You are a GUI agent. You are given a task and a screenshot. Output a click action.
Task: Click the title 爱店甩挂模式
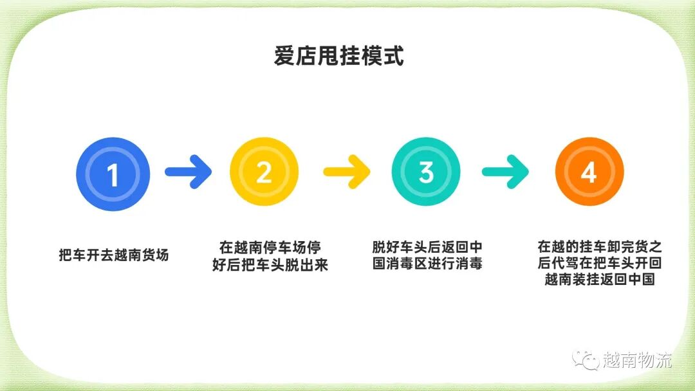(x=338, y=57)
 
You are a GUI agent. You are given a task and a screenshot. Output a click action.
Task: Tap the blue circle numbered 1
(x=113, y=174)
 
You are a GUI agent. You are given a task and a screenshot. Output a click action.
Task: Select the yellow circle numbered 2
(x=264, y=172)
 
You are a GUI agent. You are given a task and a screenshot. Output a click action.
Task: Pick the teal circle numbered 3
(x=426, y=172)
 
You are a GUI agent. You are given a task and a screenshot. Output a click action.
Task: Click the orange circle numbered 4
(x=589, y=172)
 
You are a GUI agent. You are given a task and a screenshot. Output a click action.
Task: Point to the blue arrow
(x=188, y=172)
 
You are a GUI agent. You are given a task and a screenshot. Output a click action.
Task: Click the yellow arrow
(x=346, y=172)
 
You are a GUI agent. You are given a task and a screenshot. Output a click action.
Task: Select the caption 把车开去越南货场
(x=113, y=255)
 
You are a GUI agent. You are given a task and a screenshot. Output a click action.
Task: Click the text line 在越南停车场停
(x=270, y=248)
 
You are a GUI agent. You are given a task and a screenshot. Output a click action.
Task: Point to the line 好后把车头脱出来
(x=270, y=264)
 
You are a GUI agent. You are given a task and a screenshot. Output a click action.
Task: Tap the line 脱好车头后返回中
(x=427, y=248)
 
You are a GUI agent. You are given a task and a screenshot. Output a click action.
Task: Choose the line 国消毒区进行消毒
(x=427, y=264)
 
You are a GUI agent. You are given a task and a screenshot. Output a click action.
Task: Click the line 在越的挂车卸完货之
(x=599, y=248)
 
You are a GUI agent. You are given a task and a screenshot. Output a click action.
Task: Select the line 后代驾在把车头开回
(x=599, y=264)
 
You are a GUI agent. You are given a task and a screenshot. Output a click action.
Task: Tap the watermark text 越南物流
(x=637, y=360)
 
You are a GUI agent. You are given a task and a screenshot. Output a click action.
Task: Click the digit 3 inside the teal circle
(x=426, y=172)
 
